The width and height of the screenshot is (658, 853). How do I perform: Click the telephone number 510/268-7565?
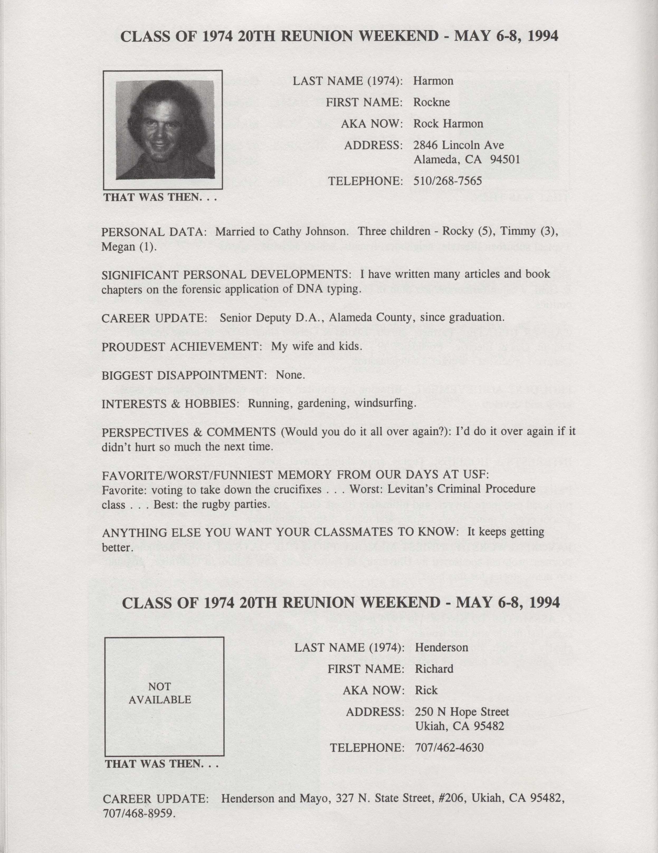(447, 181)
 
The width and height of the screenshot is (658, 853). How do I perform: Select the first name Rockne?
(432, 102)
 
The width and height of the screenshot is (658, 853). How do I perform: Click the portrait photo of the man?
(165, 130)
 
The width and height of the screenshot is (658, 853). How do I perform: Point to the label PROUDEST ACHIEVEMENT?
(181, 346)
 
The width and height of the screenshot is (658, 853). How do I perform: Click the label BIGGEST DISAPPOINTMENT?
(184, 375)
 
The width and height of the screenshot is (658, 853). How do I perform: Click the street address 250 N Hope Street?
(462, 712)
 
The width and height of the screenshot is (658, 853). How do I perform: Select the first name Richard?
(434, 669)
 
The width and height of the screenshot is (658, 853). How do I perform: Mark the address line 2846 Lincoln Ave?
(459, 145)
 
